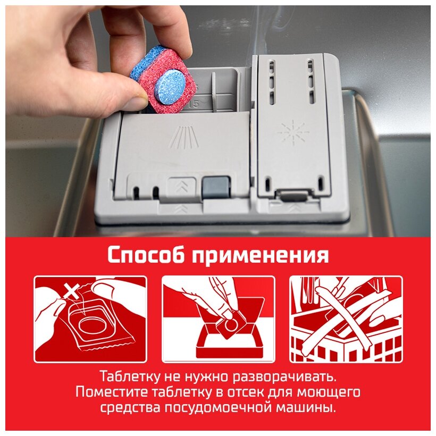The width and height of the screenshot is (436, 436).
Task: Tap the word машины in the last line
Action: click(306, 408)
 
